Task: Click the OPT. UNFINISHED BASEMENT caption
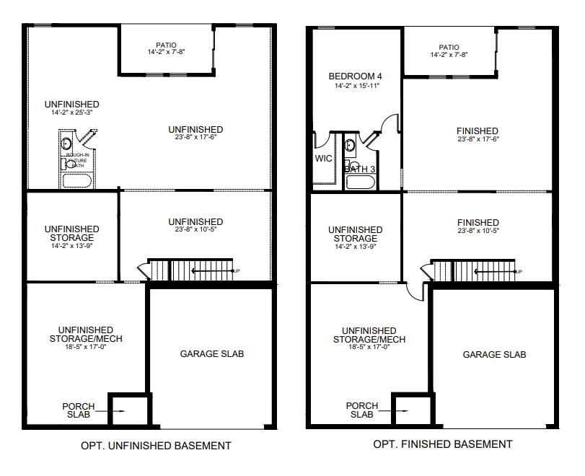[155, 446]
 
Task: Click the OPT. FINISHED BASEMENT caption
[442, 444]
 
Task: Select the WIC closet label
[322, 159]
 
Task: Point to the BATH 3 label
[360, 169]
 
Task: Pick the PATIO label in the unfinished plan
[166, 45]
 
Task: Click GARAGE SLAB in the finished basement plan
[494, 354]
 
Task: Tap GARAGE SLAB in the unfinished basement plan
[211, 354]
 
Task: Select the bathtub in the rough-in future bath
[78, 180]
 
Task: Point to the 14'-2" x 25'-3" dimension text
[71, 113]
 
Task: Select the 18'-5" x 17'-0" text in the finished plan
[369, 346]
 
